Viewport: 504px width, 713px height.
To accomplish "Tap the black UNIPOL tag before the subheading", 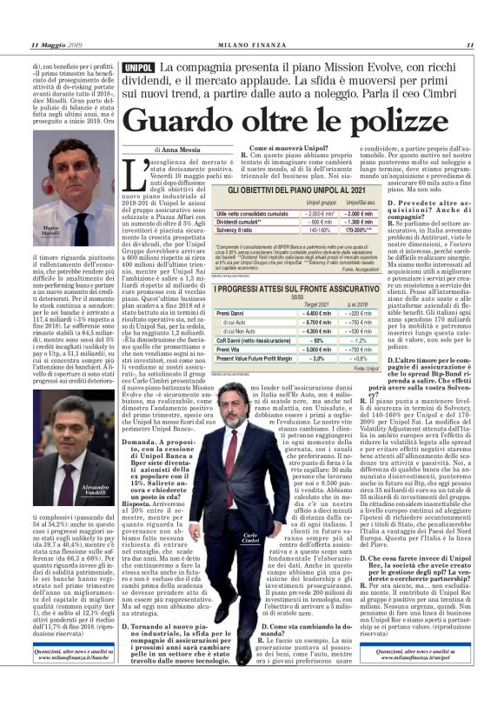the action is click(139, 67).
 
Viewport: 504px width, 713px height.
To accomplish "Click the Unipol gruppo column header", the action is click(297, 203).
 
